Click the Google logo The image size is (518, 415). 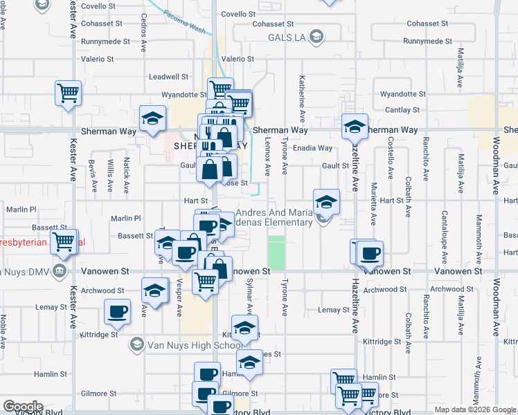pos(23,407)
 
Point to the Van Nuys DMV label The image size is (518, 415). pos(28,270)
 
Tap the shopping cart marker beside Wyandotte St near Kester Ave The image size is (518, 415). pos(69,93)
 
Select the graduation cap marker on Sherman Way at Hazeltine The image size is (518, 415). pos(355,127)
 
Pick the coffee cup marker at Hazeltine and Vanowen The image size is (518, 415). pos(369,252)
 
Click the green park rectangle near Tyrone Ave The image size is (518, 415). pos(276,252)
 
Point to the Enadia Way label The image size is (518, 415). pos(312,148)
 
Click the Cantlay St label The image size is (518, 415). pos(402,110)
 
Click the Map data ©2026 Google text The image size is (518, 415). pos(475,409)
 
